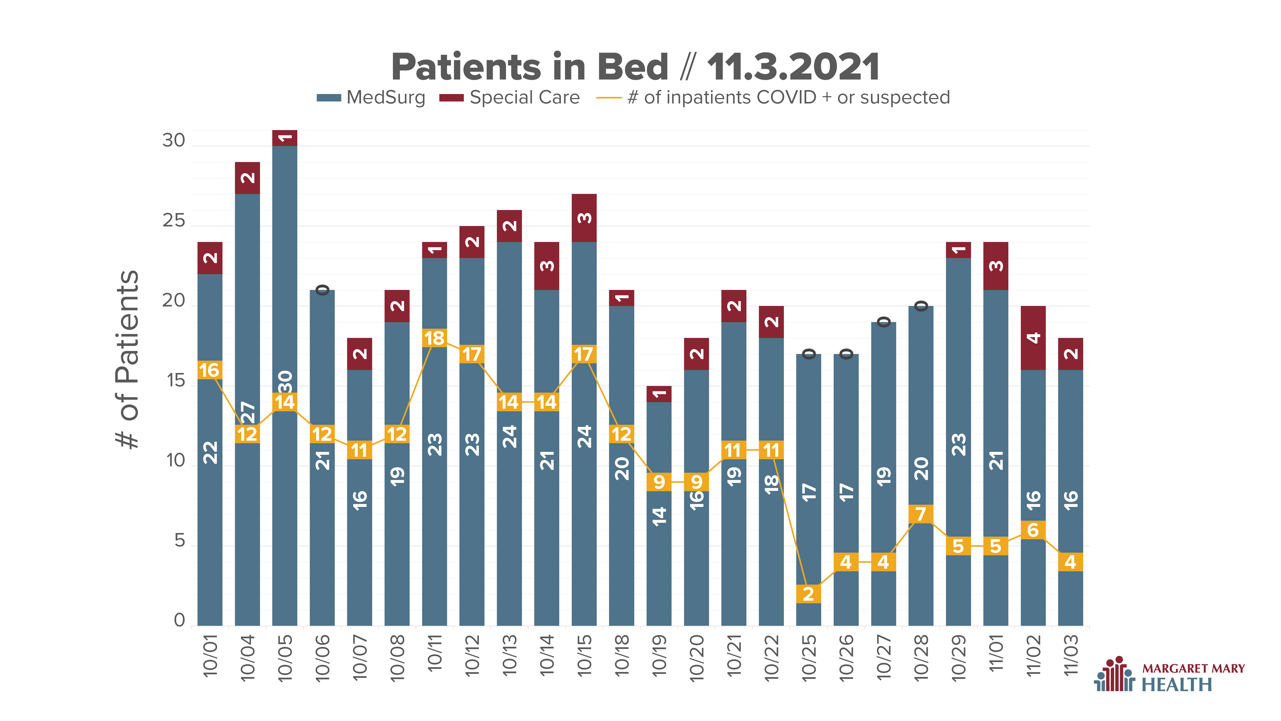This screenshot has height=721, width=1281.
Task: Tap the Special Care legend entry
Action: pyautogui.click(x=509, y=98)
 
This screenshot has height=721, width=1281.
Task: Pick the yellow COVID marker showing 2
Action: pyautogui.click(x=809, y=594)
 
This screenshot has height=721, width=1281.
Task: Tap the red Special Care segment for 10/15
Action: pyautogui.click(x=584, y=218)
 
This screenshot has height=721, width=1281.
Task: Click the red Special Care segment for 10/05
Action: pyautogui.click(x=285, y=138)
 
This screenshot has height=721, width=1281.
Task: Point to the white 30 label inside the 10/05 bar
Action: pyautogui.click(x=285, y=382)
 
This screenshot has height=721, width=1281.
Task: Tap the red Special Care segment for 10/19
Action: pyautogui.click(x=659, y=394)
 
